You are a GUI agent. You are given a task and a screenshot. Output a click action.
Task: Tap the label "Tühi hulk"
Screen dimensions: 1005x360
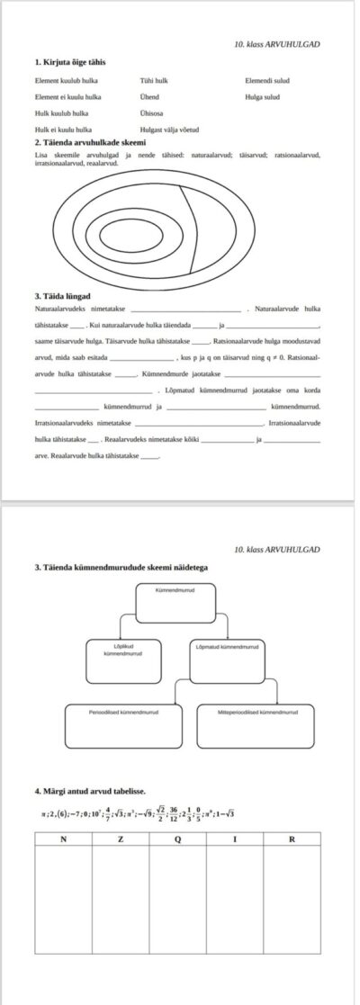(155, 80)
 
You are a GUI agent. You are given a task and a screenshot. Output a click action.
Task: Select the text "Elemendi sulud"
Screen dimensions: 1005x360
(266, 80)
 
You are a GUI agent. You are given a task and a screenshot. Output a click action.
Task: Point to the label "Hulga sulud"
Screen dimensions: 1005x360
(262, 96)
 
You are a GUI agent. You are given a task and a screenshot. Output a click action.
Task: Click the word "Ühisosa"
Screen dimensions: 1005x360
(153, 112)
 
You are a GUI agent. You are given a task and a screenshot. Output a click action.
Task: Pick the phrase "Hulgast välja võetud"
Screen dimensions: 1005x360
(170, 130)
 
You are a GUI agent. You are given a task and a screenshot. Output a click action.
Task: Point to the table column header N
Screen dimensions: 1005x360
(62, 839)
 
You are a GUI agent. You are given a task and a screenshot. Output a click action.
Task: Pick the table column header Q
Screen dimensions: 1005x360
(177, 839)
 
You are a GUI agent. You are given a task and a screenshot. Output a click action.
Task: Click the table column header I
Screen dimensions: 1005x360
(235, 839)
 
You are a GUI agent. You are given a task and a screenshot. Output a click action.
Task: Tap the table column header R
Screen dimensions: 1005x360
(292, 839)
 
